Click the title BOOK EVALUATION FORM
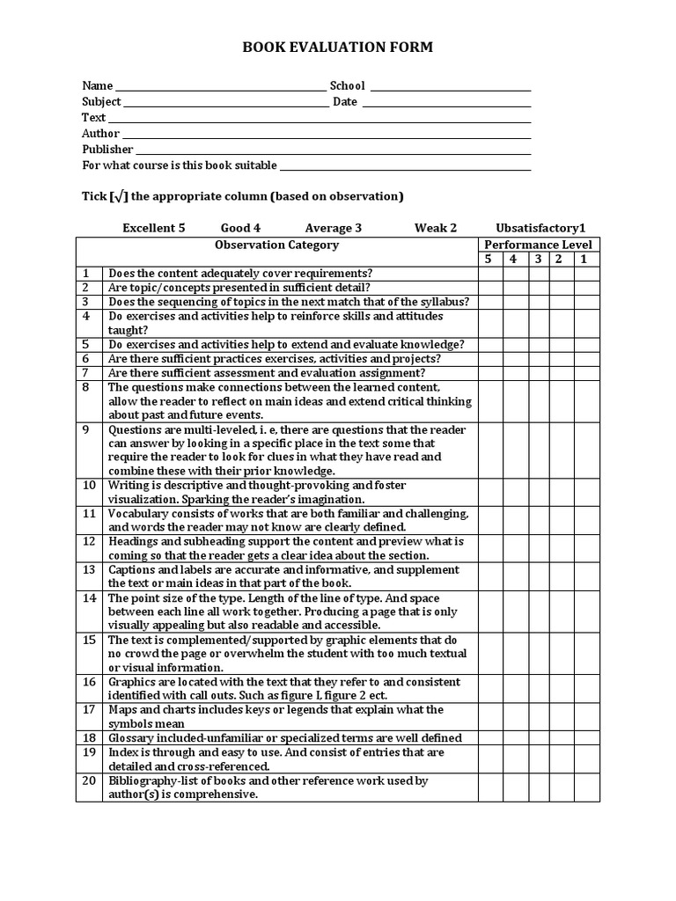click(338, 48)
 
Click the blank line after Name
click(220, 88)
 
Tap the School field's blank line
click(450, 88)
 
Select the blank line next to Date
click(446, 104)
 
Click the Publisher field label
click(107, 150)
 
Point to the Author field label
click(100, 134)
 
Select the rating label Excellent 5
click(154, 228)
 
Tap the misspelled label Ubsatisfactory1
click(540, 228)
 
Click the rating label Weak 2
click(436, 228)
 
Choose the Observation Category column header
click(276, 245)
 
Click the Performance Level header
click(539, 245)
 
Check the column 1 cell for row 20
click(586, 787)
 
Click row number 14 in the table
click(89, 598)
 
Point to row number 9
click(86, 430)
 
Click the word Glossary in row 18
click(132, 738)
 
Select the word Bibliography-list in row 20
click(150, 780)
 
